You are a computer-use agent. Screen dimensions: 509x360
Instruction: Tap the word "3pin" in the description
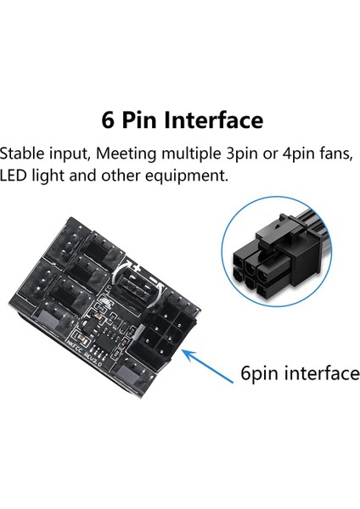250,154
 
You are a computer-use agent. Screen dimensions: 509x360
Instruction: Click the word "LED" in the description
15,177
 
